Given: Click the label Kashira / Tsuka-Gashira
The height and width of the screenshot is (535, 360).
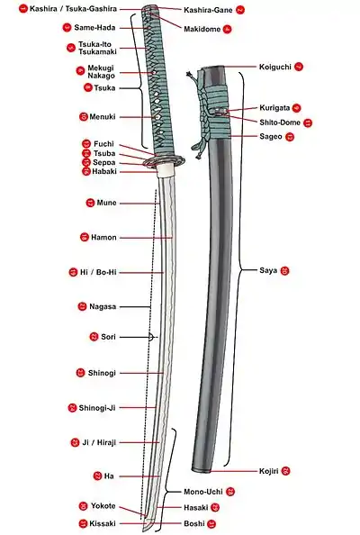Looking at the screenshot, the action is pyautogui.click(x=73, y=9).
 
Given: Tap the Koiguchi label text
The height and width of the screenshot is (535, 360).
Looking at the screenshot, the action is pyautogui.click(x=275, y=67).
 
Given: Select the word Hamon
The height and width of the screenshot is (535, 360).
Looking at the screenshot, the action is pyautogui.click(x=103, y=237).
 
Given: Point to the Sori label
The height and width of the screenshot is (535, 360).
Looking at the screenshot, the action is pyautogui.click(x=108, y=337).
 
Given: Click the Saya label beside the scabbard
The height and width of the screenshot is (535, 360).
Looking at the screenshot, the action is pyautogui.click(x=268, y=270).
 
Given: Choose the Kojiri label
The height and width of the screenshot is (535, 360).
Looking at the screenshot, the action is pyautogui.click(x=268, y=471).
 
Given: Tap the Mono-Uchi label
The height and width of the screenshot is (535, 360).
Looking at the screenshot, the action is pyautogui.click(x=203, y=492).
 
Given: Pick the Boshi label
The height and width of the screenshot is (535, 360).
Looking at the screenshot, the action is pyautogui.click(x=194, y=523).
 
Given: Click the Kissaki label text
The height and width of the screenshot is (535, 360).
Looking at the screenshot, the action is pyautogui.click(x=103, y=523).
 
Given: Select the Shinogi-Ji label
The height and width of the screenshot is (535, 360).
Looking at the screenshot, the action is pyautogui.click(x=97, y=408).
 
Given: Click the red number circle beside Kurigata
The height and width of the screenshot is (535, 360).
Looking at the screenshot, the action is pyautogui.click(x=296, y=108).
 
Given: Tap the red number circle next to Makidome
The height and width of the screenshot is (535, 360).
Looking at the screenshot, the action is pyautogui.click(x=228, y=30).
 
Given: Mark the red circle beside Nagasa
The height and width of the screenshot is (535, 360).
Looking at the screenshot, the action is pyautogui.click(x=82, y=306).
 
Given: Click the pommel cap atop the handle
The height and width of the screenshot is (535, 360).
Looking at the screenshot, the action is pyautogui.click(x=149, y=8).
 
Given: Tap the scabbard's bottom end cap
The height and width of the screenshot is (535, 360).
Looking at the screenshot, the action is pyautogui.click(x=201, y=470).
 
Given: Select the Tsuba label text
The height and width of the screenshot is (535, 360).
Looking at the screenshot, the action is pyautogui.click(x=104, y=153).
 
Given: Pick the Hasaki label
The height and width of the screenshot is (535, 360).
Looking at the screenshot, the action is pyautogui.click(x=195, y=508).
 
